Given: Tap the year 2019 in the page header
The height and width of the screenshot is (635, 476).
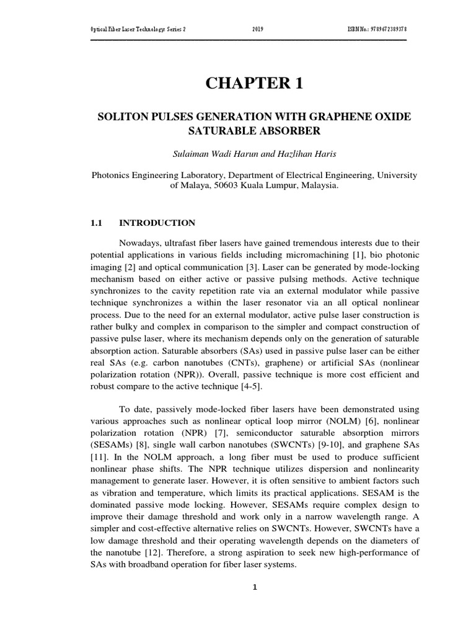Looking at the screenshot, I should [258, 30].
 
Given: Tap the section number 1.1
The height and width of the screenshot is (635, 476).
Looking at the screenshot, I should [99, 223].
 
